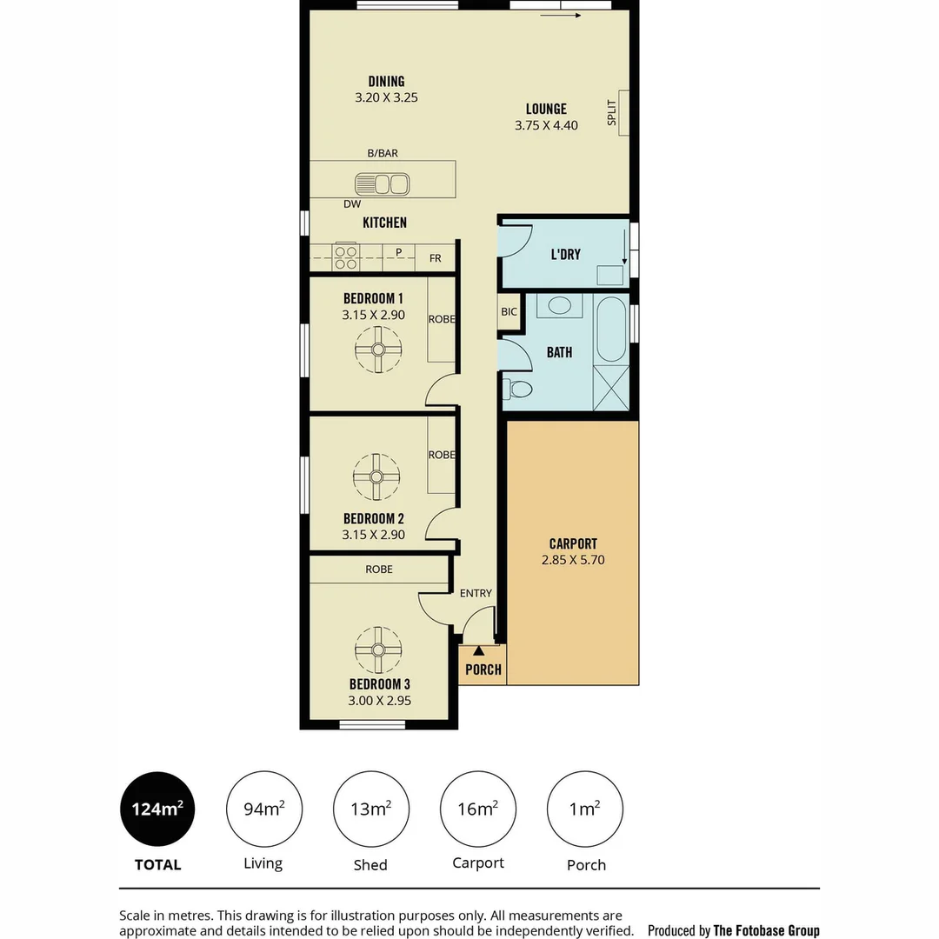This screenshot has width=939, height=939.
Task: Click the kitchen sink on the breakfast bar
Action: (382, 183)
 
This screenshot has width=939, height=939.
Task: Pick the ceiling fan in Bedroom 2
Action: (376, 476)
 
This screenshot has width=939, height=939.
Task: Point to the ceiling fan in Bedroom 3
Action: (378, 649)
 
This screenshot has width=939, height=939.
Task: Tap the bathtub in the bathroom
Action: (612, 330)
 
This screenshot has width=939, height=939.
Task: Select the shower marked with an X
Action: (610, 388)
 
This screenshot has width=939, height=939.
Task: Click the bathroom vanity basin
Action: (559, 306)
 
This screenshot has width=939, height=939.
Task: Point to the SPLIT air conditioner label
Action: (612, 112)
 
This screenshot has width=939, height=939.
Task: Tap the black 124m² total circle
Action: (157, 809)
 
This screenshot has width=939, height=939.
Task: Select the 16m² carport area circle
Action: (477, 809)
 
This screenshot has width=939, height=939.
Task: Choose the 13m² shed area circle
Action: (370, 809)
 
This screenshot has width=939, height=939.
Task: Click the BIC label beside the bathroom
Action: (509, 311)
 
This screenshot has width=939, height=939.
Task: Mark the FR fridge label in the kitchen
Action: (435, 258)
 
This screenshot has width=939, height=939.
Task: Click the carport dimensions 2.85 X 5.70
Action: (572, 560)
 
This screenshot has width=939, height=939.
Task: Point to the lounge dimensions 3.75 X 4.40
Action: (546, 124)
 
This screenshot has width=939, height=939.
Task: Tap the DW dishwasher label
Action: (352, 204)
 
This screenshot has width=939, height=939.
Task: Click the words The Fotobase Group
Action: (766, 930)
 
